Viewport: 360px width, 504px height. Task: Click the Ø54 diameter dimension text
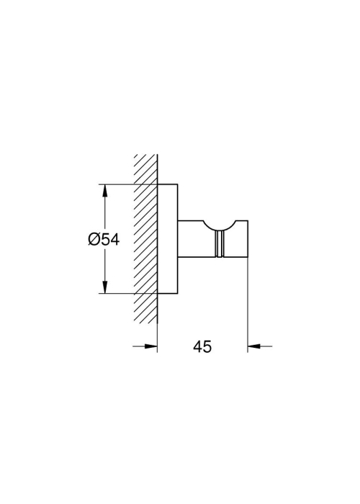(104, 240)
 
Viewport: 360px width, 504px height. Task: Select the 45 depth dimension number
(202, 346)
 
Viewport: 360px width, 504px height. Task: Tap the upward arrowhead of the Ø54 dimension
(104, 191)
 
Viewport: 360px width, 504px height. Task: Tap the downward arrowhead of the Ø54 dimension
(104, 287)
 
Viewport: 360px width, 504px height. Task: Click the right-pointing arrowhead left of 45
(151, 346)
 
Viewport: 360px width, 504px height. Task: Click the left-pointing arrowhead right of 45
(253, 346)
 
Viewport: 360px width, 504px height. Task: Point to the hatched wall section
(145, 239)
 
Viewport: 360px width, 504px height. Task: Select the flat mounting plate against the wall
(168, 239)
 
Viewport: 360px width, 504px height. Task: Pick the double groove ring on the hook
(220, 244)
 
